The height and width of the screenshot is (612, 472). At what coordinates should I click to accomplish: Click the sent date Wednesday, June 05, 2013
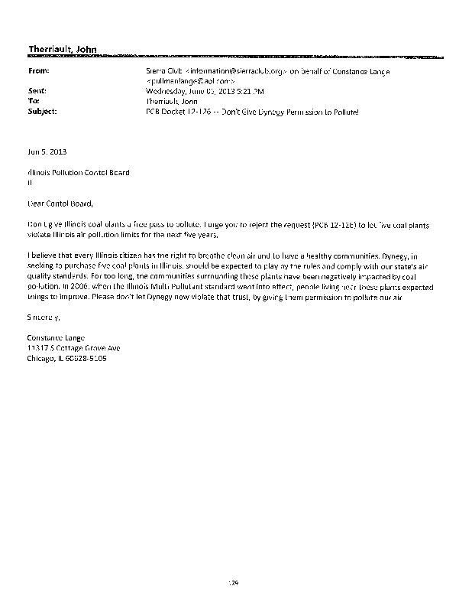tap(191, 90)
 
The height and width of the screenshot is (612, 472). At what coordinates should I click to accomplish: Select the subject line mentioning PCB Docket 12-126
tap(251, 111)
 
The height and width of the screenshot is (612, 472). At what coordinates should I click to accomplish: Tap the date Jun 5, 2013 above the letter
tap(44, 151)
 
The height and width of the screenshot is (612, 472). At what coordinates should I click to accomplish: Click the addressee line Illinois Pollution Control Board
tap(78, 173)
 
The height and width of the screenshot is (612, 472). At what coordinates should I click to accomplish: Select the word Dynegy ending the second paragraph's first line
tap(427, 252)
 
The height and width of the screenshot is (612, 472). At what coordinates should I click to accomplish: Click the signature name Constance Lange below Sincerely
tap(58, 338)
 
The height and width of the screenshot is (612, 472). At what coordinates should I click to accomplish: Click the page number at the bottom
tap(235, 582)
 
